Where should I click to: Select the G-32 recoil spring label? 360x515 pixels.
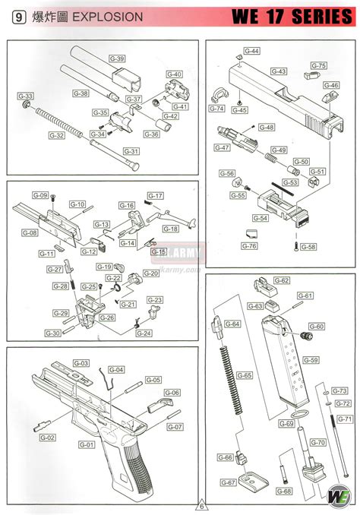coord(56,135)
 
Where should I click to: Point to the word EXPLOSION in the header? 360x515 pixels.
coord(107,16)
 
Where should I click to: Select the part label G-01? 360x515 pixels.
coord(86,444)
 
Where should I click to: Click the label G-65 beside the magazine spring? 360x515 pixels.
coord(244,375)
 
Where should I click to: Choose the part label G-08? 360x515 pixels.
coord(30,232)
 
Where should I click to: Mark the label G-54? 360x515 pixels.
coord(261,218)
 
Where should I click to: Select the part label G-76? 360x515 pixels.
coord(248,245)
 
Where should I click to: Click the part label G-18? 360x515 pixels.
coord(171,229)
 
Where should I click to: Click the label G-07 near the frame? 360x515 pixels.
coord(175,427)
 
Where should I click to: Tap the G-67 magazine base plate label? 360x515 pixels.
coord(226,483)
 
